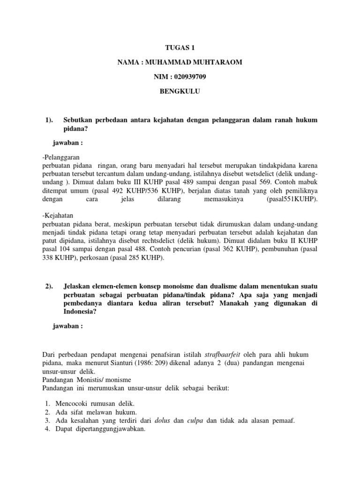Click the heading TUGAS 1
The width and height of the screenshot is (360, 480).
pos(180,48)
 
